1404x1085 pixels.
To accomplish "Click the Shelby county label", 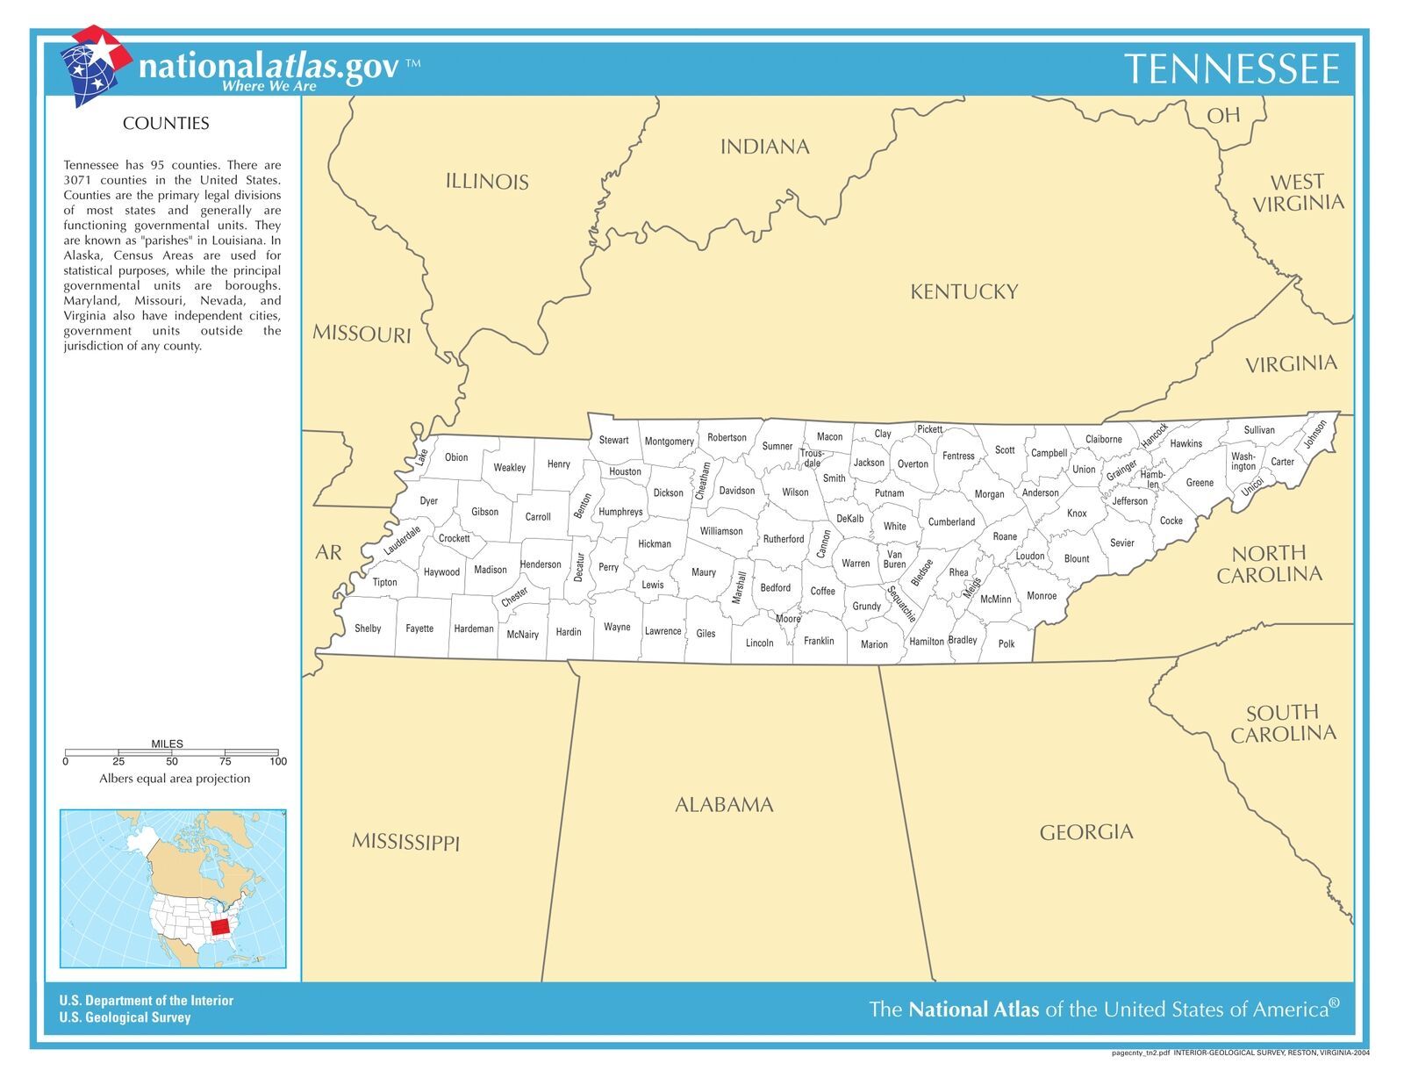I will pos(368,629).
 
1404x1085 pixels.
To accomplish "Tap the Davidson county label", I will pos(737,491).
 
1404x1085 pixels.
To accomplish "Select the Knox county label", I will pos(1077,514).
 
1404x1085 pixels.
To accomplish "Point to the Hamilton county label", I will pos(927,642).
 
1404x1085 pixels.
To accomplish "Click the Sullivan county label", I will pos(1259,430).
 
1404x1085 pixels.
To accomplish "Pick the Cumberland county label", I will pos(951,522).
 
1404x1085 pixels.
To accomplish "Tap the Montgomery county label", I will pos(670,442).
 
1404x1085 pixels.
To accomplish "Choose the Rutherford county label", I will pos(784,539).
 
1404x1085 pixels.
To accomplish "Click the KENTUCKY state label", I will pos(963,292).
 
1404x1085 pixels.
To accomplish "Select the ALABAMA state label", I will pos(724,805).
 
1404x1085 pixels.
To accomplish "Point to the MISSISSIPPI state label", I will pos(405,843).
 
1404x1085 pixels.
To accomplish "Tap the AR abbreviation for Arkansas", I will pos(328,553).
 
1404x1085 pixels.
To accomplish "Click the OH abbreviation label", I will pos(1223,116).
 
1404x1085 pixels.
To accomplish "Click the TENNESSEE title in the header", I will pos(1232,69).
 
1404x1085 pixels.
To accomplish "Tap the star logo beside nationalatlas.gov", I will pos(93,63).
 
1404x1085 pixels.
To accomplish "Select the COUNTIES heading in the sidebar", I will pos(166,124).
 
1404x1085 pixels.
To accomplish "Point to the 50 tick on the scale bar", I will pos(172,761).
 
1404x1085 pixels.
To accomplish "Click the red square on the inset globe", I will pos(225,926).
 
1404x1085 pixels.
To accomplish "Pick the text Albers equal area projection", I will pos(175,779).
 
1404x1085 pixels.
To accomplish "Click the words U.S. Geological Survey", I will pos(125,1017).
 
